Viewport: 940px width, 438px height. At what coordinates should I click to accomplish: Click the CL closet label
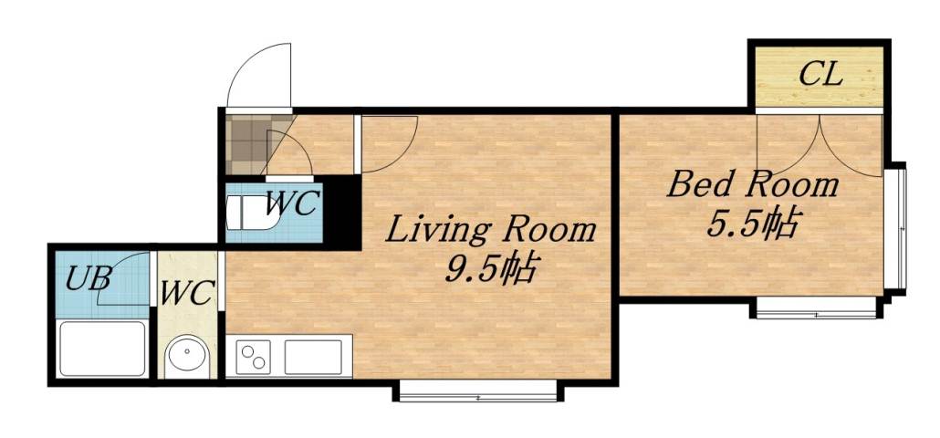point(820,74)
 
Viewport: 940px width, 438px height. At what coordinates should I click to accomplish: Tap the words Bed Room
point(752,185)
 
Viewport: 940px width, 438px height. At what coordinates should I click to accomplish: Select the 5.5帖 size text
point(754,224)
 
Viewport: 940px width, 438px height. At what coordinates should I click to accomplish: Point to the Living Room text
point(490,229)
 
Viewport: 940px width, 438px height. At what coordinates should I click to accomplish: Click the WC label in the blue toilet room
point(290,203)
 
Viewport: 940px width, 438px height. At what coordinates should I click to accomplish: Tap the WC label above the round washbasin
point(187,294)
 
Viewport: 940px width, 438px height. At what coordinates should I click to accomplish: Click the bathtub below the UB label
point(101,348)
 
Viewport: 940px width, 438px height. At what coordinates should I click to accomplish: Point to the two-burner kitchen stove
point(253,355)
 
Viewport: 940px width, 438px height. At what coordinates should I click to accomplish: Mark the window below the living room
point(475,393)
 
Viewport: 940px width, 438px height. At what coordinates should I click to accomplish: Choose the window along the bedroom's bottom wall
point(816,310)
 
